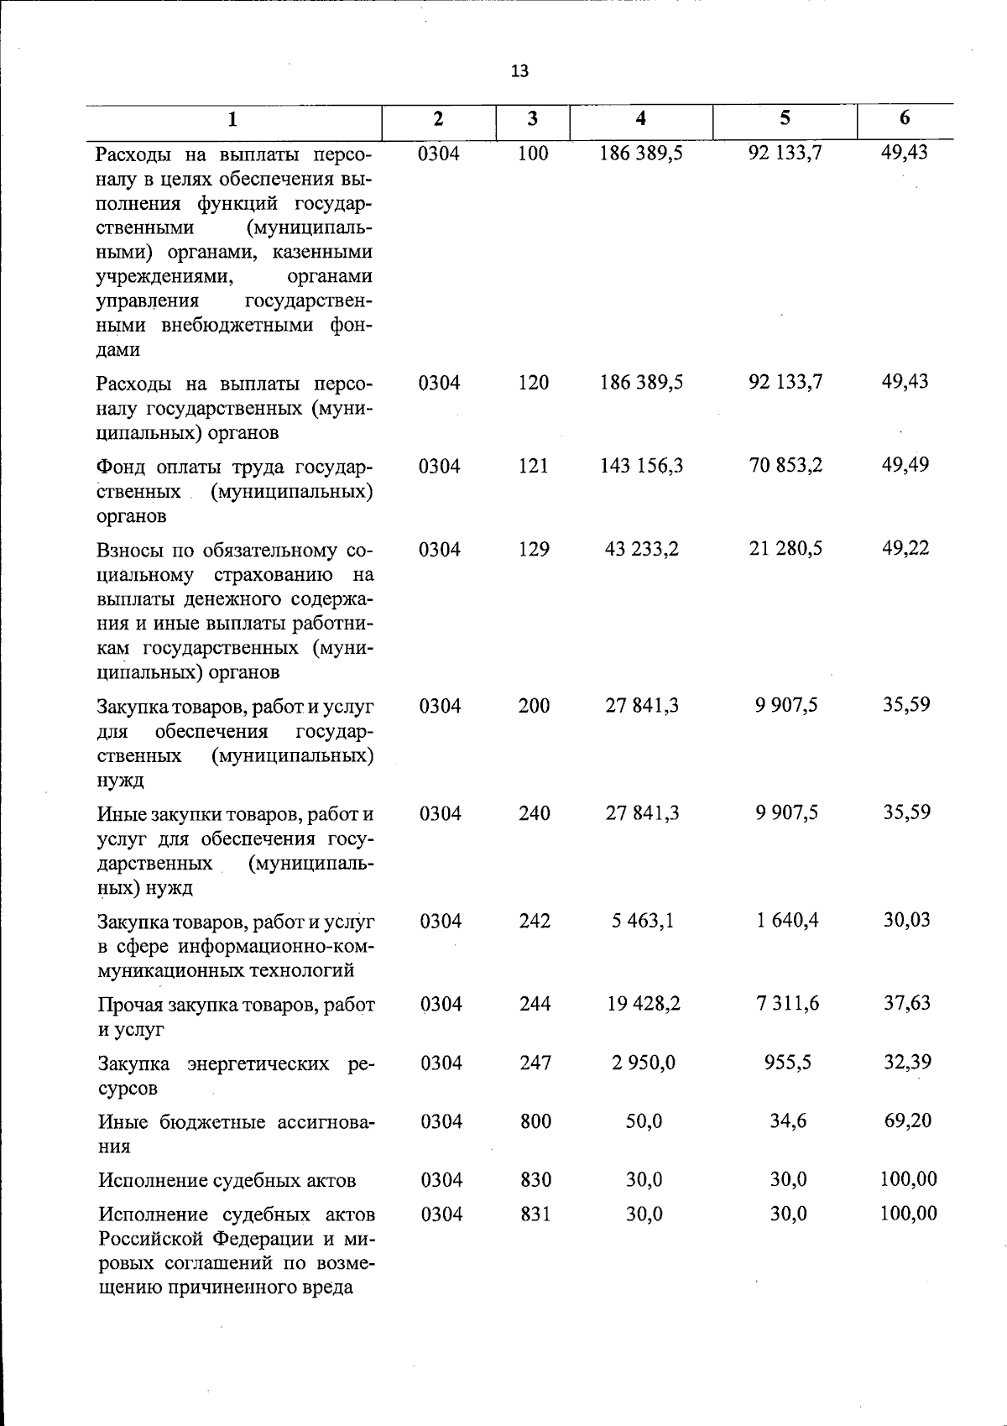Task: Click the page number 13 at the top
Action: click(519, 71)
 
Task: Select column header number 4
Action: click(641, 119)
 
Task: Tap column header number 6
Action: click(904, 118)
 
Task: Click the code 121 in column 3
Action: click(533, 466)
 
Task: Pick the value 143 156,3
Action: click(641, 466)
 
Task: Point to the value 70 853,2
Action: click(785, 465)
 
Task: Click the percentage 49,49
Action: click(905, 465)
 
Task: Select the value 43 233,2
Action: click(642, 549)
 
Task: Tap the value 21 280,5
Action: click(785, 549)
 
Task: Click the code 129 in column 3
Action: click(534, 549)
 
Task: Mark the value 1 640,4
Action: click(787, 921)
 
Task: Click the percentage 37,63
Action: click(906, 1003)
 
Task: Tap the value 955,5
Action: click(788, 1063)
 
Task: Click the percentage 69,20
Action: click(907, 1120)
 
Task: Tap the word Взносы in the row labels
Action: click(131, 551)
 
